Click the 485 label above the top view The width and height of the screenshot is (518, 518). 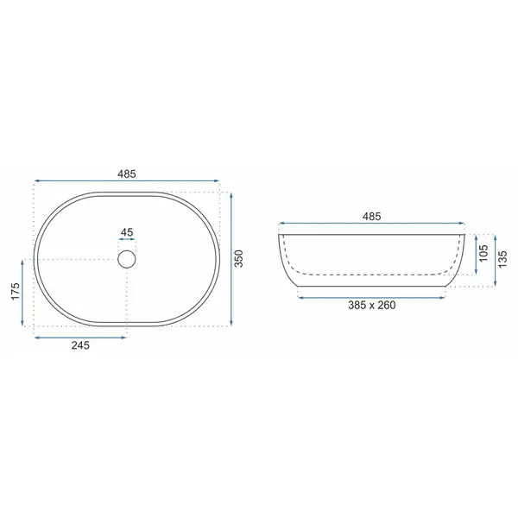click(127, 174)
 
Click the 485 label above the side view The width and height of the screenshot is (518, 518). click(371, 217)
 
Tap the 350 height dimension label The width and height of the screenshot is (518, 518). click(239, 259)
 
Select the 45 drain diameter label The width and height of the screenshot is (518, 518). click(127, 232)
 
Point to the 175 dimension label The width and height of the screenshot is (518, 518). click(16, 292)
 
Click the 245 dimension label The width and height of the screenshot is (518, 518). click(80, 345)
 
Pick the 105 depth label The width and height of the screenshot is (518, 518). click(483, 253)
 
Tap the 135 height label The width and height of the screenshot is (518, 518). click(502, 259)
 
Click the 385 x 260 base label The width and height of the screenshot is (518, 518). click(371, 305)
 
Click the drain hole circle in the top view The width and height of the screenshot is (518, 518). click(127, 250)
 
